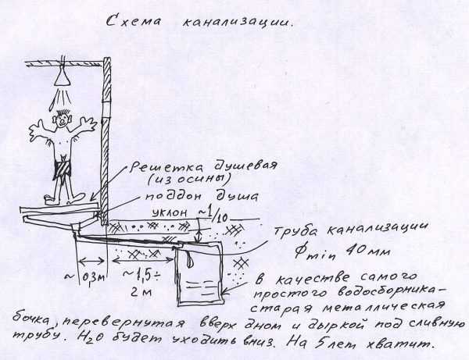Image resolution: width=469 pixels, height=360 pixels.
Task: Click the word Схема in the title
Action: click(x=134, y=22)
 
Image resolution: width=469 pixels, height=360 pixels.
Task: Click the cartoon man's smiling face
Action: click(x=63, y=120)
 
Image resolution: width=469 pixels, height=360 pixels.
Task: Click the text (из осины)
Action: click(x=189, y=180)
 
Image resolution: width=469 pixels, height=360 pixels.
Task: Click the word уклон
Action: click(x=170, y=212)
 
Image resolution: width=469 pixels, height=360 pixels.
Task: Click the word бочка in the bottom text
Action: click(x=32, y=320)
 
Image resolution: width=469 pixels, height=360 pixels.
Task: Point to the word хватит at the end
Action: click(x=400, y=344)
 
